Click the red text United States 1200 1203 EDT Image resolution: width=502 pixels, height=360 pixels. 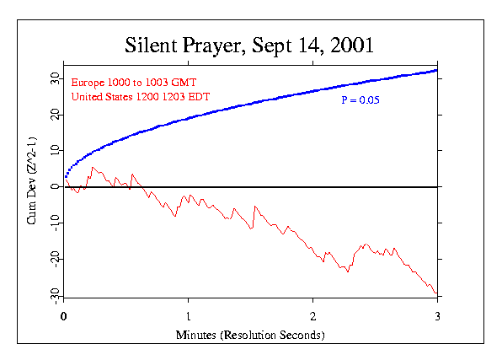click(140, 98)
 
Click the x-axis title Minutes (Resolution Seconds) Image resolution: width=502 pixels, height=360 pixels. click(250, 335)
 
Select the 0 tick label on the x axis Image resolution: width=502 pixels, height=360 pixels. click(64, 318)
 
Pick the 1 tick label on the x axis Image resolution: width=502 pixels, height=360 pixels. click(189, 318)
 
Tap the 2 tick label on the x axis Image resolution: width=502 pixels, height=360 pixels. click(313, 318)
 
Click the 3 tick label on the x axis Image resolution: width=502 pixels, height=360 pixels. click(438, 318)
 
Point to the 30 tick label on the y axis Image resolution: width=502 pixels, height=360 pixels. click(52, 78)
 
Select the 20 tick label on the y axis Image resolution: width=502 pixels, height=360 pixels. click(52, 114)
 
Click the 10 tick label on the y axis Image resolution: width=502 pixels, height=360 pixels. click(52, 150)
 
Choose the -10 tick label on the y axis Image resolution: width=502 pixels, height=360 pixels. click(52, 223)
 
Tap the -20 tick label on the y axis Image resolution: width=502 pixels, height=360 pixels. click(52, 259)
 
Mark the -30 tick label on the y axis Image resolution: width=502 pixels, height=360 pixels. click(52, 294)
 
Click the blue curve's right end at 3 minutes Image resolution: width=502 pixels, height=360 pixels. click(436, 70)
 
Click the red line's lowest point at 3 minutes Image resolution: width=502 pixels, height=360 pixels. click(436, 293)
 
